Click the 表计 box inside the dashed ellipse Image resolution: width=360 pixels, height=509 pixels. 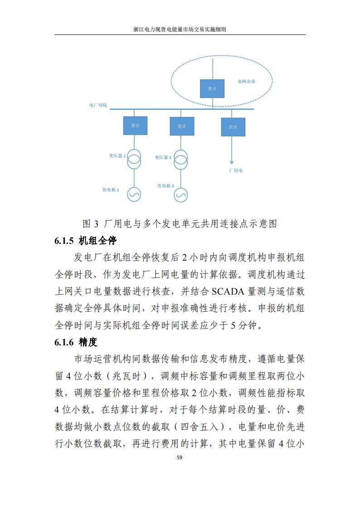(212, 88)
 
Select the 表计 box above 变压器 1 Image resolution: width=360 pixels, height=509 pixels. (135, 125)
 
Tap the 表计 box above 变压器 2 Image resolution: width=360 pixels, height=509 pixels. (182, 126)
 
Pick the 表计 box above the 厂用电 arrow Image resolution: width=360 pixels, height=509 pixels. (233, 127)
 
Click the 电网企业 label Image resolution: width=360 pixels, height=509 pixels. (247, 82)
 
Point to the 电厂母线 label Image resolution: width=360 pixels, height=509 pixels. (98, 105)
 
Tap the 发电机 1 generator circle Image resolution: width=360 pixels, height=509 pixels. (134, 194)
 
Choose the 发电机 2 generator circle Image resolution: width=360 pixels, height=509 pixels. (181, 194)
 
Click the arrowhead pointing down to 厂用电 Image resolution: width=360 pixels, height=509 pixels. (232, 161)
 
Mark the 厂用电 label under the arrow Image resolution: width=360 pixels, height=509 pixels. (235, 171)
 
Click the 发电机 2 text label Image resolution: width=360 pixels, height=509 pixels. (166, 186)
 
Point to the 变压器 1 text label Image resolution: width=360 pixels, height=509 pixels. (117, 155)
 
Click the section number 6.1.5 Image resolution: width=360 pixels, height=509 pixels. (64, 241)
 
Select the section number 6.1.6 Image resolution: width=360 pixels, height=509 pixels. (64, 342)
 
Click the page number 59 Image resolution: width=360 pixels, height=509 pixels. (180, 458)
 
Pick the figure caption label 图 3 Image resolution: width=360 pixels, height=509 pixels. (90, 224)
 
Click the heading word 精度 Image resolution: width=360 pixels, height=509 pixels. (88, 342)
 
